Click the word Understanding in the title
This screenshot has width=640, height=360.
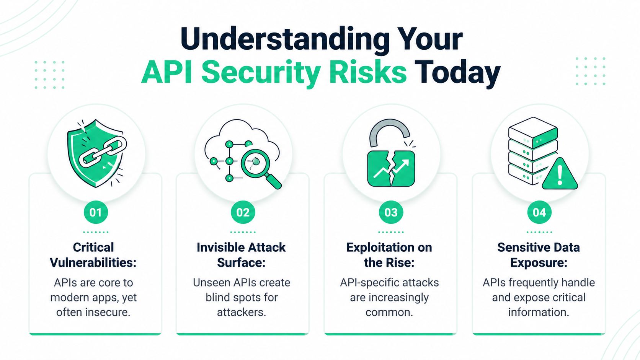click(x=285, y=39)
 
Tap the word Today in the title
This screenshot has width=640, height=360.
click(x=457, y=73)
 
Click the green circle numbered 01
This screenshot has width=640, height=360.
click(x=96, y=212)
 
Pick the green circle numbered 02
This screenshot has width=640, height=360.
click(x=243, y=212)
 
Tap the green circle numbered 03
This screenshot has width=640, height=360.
click(x=391, y=212)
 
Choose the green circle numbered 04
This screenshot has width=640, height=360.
click(x=539, y=212)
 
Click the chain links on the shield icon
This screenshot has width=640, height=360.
click(x=103, y=152)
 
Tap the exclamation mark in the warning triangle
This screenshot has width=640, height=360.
click(x=560, y=175)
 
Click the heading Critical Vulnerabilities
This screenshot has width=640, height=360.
click(x=93, y=255)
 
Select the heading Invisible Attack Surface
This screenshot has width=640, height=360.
click(x=241, y=255)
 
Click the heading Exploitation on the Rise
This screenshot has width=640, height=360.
click(x=389, y=255)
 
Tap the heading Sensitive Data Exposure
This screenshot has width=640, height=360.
click(x=539, y=255)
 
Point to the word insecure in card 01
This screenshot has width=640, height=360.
click(x=107, y=312)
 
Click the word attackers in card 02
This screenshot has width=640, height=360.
click(x=241, y=312)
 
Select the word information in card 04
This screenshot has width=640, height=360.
click(x=538, y=312)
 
